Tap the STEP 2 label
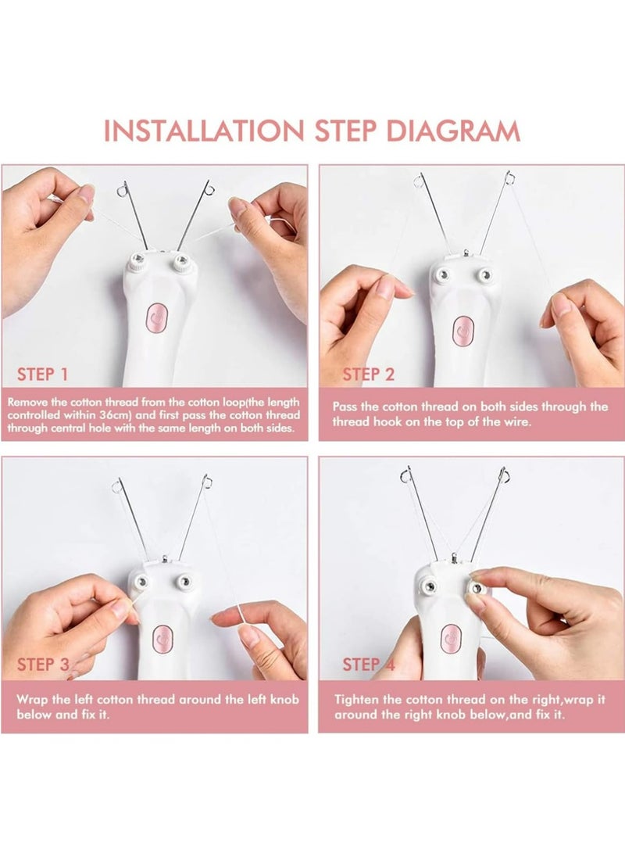(x=369, y=375)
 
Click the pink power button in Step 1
(x=156, y=319)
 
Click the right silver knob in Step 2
(x=485, y=275)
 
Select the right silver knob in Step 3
(x=186, y=580)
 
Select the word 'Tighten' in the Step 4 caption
(x=357, y=700)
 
